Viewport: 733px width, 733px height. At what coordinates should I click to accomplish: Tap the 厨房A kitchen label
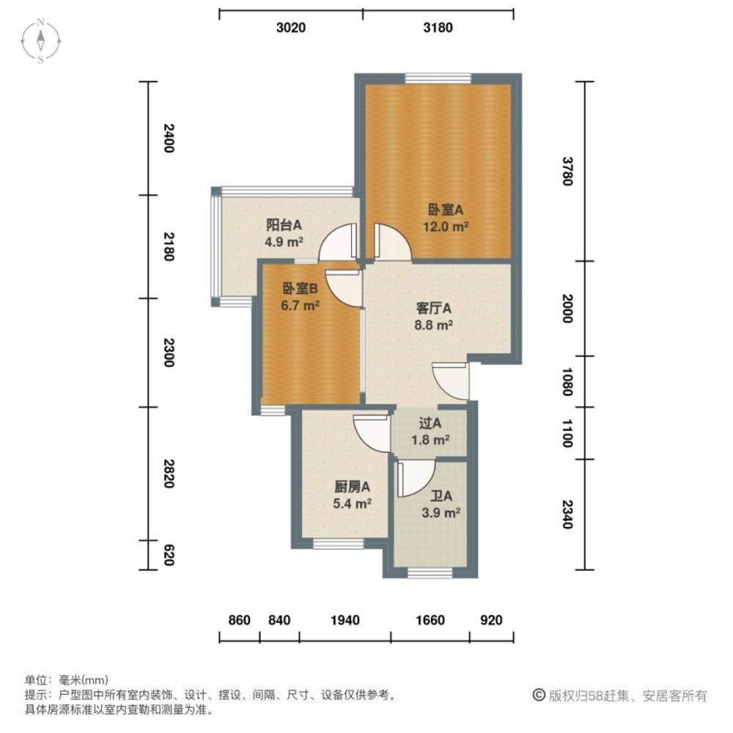click(350, 487)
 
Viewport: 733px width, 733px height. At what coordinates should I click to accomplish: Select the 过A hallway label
click(430, 423)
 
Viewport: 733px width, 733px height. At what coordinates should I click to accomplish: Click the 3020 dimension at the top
click(290, 28)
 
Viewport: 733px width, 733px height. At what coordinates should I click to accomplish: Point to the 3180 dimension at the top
click(438, 28)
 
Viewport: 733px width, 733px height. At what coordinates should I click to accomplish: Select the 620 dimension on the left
click(168, 555)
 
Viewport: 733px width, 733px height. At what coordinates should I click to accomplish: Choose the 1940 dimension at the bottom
click(345, 620)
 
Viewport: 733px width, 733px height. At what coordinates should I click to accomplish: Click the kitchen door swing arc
click(372, 433)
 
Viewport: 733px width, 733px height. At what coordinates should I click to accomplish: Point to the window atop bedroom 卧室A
click(438, 77)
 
